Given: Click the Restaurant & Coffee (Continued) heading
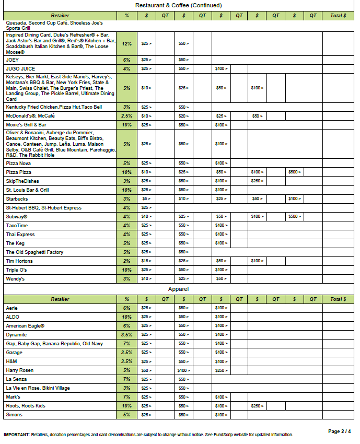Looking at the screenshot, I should [178, 5].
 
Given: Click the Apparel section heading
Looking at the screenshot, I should [178, 289].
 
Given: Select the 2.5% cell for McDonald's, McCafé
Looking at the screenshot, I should [126, 116].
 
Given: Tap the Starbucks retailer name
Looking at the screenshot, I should [17, 199].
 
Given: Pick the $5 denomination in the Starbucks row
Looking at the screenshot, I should [146, 199].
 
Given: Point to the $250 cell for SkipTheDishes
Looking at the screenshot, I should [257, 181].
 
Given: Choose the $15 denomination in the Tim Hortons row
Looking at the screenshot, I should [146, 261].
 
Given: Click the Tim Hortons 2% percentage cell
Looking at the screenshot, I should [126, 261].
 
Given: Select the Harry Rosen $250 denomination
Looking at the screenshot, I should [221, 370].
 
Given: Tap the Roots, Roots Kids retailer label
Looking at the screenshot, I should [25, 406].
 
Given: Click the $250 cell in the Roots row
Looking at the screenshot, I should [257, 406].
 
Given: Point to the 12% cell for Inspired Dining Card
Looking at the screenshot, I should [126, 44].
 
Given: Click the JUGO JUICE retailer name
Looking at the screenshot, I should [20, 69].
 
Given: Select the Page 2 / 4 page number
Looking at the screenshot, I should [340, 431].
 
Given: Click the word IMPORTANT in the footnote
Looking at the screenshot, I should [16, 435].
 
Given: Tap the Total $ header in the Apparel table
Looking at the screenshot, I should [338, 299].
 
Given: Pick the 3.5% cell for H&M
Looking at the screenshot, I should [126, 361].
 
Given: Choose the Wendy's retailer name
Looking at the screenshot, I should [15, 279].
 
